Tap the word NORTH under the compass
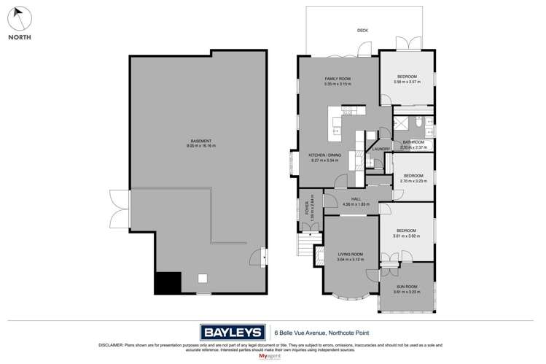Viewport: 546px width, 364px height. click(x=20, y=36)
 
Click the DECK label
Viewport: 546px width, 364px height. click(x=362, y=31)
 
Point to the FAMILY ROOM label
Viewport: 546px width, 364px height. click(x=338, y=79)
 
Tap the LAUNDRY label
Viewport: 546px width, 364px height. click(x=381, y=150)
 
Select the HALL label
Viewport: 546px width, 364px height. click(x=356, y=198)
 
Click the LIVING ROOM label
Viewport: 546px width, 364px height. click(x=350, y=255)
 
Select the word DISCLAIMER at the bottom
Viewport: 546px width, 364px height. click(x=109, y=344)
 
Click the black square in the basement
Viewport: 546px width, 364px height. click(x=167, y=282)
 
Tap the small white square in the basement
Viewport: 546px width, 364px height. click(x=203, y=277)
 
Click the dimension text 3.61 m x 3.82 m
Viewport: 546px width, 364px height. click(x=407, y=236)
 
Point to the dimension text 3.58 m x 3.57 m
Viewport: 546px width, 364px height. click(x=407, y=82)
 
